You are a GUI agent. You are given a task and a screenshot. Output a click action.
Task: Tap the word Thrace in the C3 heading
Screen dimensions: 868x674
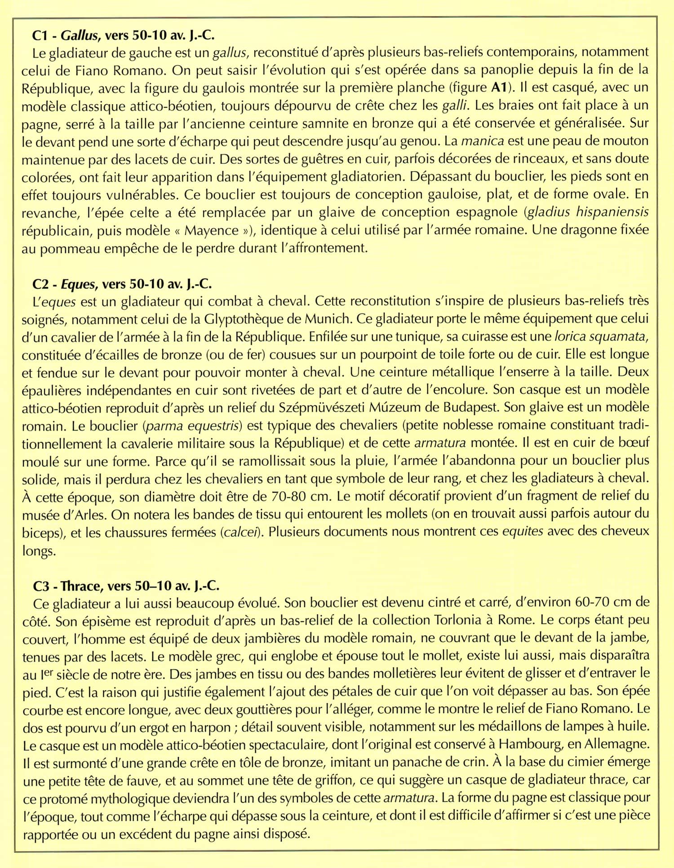click(80, 586)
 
